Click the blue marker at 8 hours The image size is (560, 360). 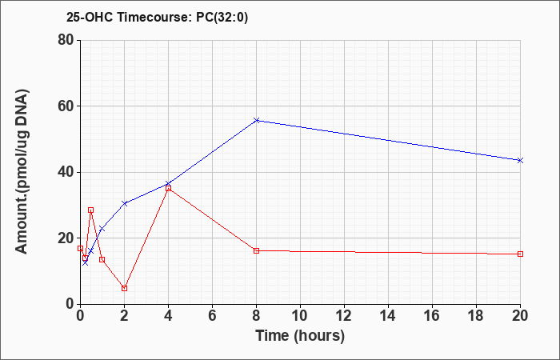[x=257, y=120]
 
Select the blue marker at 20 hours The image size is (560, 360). [x=520, y=160]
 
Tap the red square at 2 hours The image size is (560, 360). [x=124, y=288]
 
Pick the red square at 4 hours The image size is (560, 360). [x=169, y=188]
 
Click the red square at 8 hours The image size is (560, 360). [x=257, y=250]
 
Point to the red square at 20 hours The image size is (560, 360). [x=520, y=254]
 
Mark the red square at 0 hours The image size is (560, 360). [x=80, y=248]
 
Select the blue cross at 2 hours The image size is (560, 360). [x=124, y=203]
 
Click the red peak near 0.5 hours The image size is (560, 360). [x=90, y=210]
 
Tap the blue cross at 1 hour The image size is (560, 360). [x=102, y=229]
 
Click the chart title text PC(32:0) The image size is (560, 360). [x=222, y=18]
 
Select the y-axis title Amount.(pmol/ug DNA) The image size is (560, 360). [x=22, y=171]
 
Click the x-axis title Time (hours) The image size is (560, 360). [x=300, y=336]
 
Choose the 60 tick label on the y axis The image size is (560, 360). [x=66, y=106]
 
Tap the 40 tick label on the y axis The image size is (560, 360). [x=66, y=172]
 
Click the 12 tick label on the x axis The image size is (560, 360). [x=344, y=316]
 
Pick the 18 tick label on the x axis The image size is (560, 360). [x=476, y=316]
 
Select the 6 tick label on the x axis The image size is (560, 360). [x=213, y=316]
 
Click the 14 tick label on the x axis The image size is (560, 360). [x=388, y=316]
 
